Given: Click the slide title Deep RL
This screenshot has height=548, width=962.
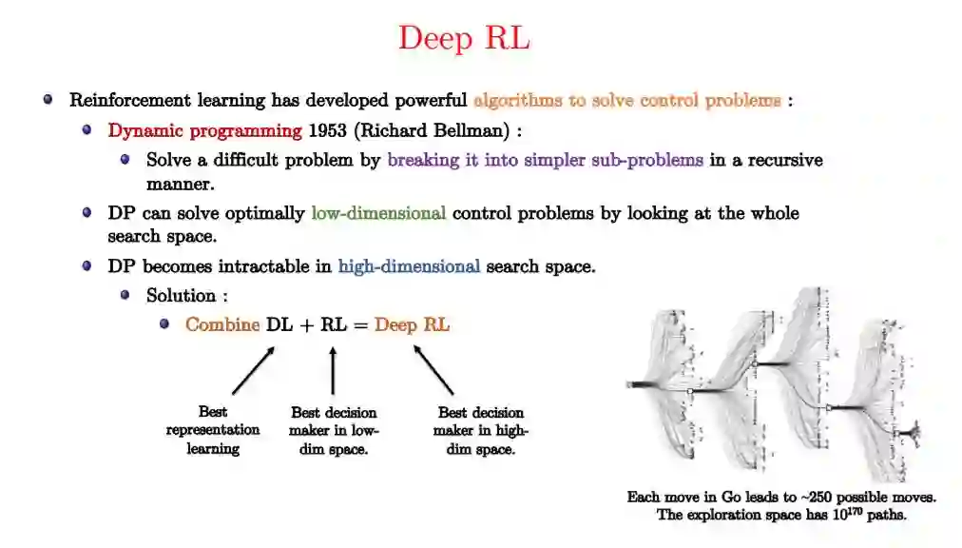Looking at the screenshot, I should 464,38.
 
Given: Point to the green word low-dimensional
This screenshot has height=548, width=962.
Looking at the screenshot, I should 378,213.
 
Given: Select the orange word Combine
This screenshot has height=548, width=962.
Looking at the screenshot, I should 222,324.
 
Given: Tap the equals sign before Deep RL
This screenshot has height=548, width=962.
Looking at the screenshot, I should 359,325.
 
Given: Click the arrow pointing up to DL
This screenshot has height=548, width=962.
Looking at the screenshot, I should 253,370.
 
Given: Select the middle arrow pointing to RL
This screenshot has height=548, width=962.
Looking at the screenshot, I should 333,370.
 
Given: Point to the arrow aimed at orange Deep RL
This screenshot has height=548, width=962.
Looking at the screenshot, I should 433,370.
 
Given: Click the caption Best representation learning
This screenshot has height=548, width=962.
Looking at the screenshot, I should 213,430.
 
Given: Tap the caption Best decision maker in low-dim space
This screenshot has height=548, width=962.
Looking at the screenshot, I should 334,430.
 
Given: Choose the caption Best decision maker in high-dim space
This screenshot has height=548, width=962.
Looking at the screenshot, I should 481,430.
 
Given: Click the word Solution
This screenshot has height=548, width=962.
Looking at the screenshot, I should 181,296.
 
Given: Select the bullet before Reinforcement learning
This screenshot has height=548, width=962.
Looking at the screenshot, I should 48,99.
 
